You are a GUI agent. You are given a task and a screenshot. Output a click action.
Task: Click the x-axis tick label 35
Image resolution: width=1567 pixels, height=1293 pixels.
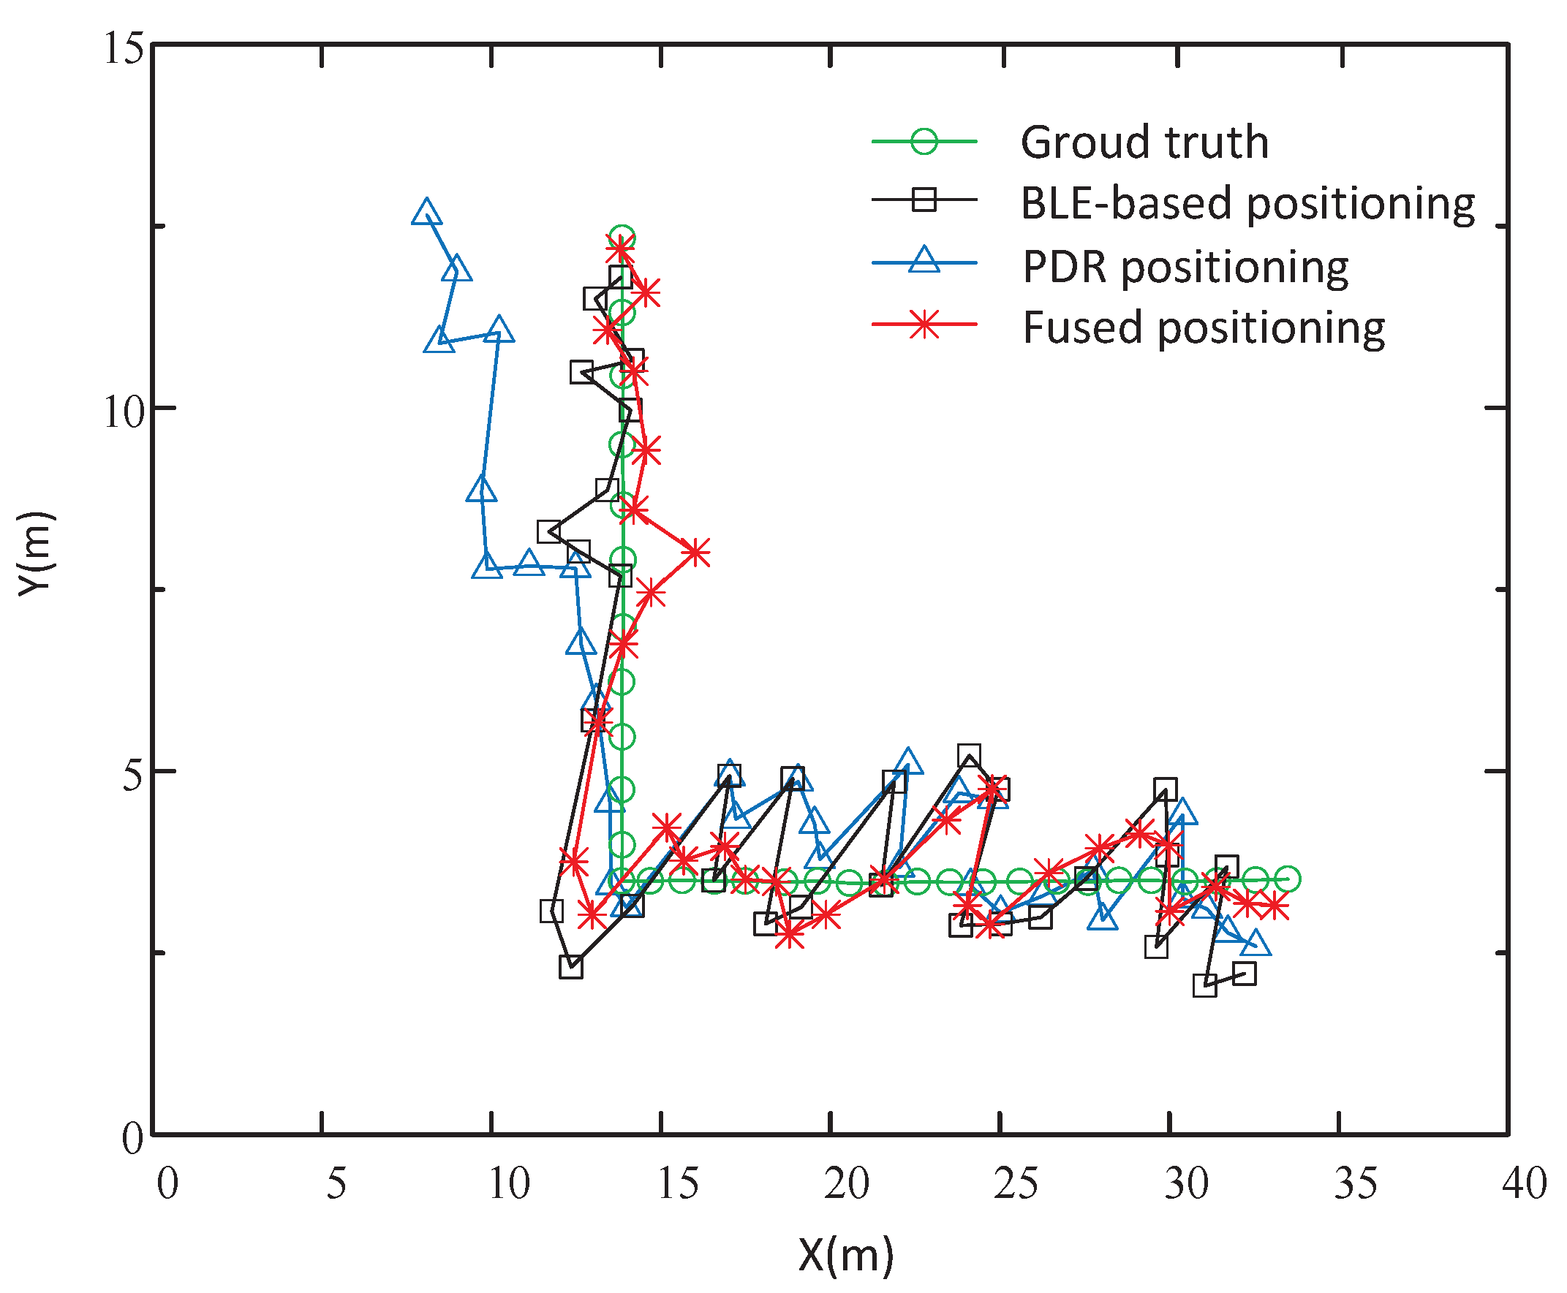(1354, 1182)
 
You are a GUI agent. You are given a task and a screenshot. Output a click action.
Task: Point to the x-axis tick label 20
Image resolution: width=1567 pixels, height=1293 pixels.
(846, 1182)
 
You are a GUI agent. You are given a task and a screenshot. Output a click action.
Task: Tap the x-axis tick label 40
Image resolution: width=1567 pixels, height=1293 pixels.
(1524, 1182)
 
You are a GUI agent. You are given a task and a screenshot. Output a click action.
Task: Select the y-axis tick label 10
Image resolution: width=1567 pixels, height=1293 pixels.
(122, 410)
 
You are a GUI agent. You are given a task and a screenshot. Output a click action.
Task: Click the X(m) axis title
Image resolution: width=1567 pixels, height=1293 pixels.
(845, 1254)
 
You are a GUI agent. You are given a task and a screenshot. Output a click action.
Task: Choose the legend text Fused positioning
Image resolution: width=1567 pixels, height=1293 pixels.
(1203, 327)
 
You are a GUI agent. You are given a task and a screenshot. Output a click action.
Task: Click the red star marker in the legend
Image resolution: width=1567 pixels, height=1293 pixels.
(924, 325)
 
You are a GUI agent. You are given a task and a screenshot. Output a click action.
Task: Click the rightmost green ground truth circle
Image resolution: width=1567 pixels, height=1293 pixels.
(1287, 879)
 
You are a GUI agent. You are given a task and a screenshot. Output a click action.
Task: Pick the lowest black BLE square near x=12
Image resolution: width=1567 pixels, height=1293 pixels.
(571, 968)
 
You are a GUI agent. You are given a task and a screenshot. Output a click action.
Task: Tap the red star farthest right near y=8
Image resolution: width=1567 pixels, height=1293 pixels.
(696, 553)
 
